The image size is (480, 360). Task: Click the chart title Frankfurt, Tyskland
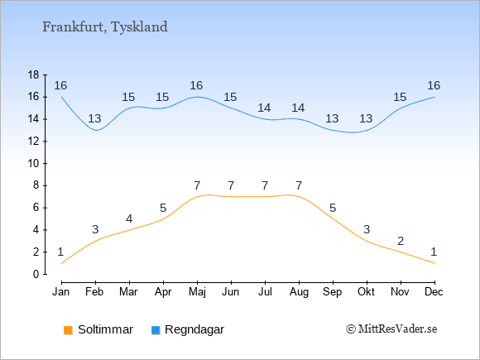(x=105, y=27)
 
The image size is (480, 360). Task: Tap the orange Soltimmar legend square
(x=68, y=330)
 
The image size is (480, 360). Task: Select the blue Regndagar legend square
(x=156, y=330)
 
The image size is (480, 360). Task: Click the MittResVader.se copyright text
(x=391, y=329)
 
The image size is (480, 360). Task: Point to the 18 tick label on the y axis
(x=34, y=74)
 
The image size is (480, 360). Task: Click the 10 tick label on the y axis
(x=34, y=164)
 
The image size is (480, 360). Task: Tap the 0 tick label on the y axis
(x=36, y=274)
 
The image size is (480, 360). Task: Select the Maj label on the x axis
(x=197, y=292)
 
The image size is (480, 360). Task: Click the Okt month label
(x=366, y=292)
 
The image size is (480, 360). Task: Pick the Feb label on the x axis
(x=94, y=292)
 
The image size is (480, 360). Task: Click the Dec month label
(x=434, y=292)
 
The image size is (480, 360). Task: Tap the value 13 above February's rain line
(x=94, y=118)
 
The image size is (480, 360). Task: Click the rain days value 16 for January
(x=60, y=86)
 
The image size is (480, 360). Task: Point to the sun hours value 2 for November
(x=401, y=241)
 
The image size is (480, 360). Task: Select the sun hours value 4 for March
(x=129, y=218)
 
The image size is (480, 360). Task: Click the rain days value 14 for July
(x=264, y=108)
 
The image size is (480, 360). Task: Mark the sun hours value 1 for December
(x=434, y=252)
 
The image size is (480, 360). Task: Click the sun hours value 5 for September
(x=333, y=209)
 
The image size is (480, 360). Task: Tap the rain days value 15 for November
(x=400, y=98)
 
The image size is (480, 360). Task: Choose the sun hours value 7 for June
(x=231, y=186)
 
